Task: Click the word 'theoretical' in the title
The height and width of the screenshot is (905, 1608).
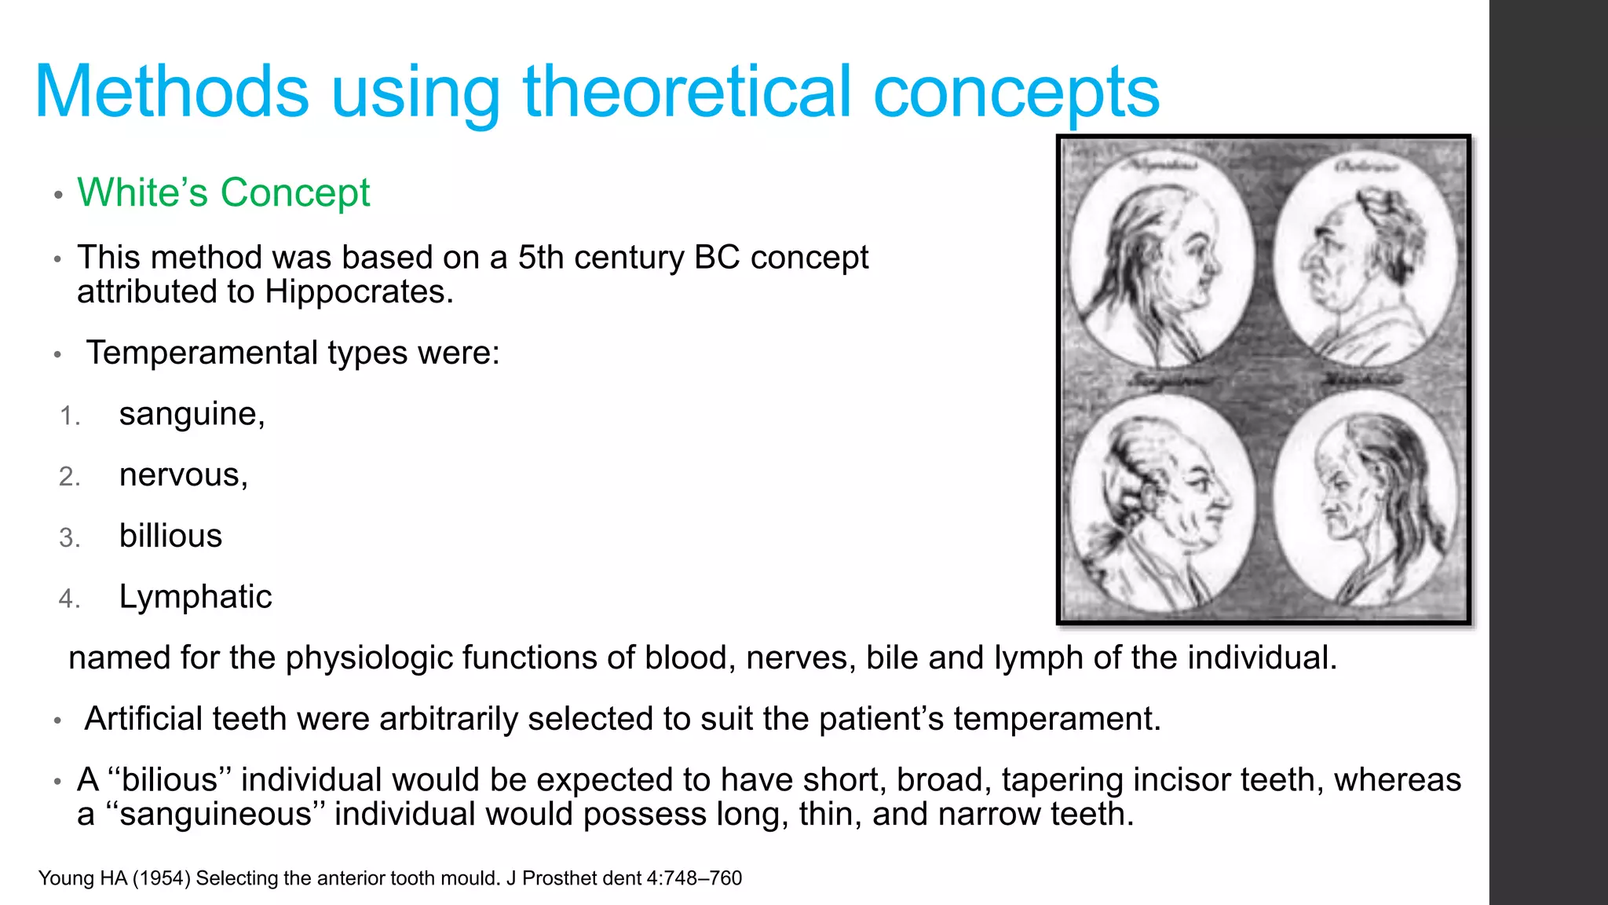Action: [x=687, y=92]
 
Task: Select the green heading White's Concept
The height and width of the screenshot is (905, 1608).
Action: [x=223, y=192]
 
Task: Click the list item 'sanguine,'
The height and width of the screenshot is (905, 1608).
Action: [x=192, y=414]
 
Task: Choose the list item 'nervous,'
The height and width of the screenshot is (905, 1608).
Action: [x=183, y=475]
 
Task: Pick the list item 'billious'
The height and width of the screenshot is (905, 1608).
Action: [x=170, y=536]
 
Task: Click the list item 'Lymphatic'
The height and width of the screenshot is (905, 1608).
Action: [x=195, y=597]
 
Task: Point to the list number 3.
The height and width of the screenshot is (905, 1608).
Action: [x=69, y=538]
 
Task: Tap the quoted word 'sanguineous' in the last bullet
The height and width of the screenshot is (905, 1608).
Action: [x=215, y=815]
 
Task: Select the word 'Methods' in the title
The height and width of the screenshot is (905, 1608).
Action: [x=172, y=92]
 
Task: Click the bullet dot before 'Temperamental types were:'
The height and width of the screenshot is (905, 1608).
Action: [x=57, y=355]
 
